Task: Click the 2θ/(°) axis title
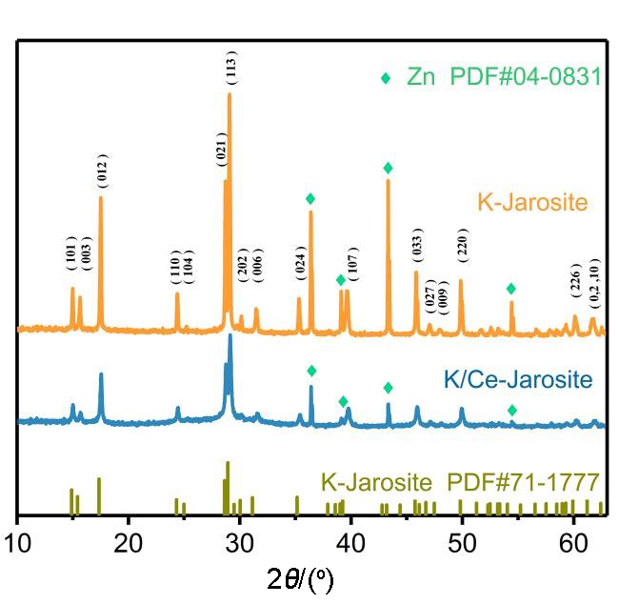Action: [x=299, y=578]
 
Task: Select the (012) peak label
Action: [x=102, y=170]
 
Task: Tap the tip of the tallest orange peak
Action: [x=230, y=93]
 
